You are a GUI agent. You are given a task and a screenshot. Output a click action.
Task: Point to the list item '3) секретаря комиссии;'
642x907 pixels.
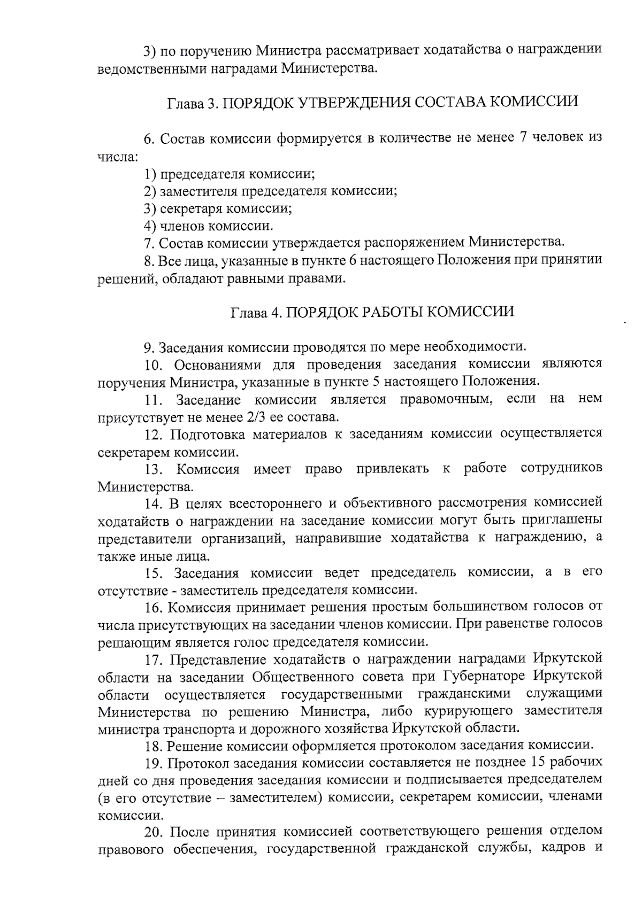(218, 208)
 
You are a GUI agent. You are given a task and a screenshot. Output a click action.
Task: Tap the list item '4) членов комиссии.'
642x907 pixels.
(208, 226)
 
